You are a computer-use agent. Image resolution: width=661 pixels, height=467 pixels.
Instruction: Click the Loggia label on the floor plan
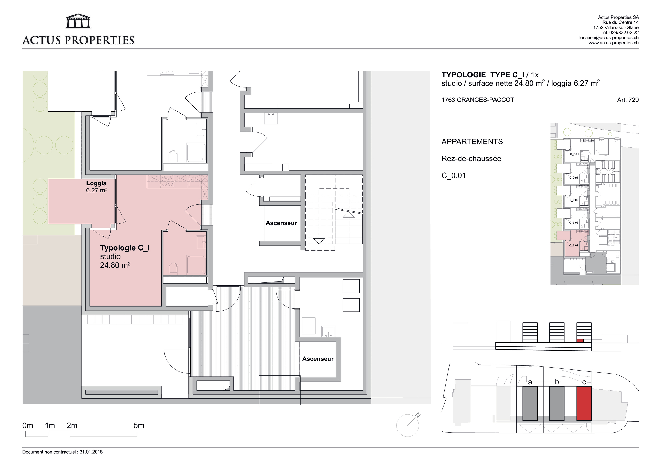(x=96, y=183)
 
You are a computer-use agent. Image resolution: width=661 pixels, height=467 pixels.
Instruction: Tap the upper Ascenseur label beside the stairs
(x=281, y=223)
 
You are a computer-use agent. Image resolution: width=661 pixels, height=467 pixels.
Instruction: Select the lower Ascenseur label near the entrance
(x=318, y=359)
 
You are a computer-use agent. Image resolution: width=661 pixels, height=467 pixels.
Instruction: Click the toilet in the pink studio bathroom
(x=173, y=268)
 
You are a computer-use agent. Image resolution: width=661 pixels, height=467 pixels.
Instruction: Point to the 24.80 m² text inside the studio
(x=115, y=265)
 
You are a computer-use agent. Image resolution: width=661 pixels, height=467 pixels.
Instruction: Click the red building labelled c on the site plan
(x=584, y=404)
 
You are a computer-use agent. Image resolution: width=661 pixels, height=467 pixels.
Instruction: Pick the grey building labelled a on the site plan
(x=530, y=404)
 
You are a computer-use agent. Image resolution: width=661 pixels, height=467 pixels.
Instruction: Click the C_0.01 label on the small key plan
(x=573, y=245)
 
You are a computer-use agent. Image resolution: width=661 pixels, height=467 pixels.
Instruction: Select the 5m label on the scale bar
(x=139, y=425)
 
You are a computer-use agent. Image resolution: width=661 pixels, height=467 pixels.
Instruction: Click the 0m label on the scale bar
(x=28, y=425)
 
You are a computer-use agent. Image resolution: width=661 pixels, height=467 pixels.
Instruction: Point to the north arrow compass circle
(x=407, y=425)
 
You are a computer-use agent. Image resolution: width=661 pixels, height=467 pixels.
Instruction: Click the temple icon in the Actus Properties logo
(x=78, y=21)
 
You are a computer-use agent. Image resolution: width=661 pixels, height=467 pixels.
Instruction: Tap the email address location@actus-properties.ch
(x=609, y=38)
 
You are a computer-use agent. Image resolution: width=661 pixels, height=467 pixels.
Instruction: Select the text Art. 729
(x=628, y=100)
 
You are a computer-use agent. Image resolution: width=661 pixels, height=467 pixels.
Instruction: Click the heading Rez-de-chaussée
(x=471, y=158)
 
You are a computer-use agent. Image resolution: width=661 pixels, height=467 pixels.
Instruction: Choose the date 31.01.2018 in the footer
(x=91, y=452)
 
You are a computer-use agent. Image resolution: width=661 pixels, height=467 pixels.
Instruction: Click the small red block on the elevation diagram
(x=580, y=341)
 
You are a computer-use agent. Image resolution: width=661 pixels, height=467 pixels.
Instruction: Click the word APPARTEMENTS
(x=472, y=142)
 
